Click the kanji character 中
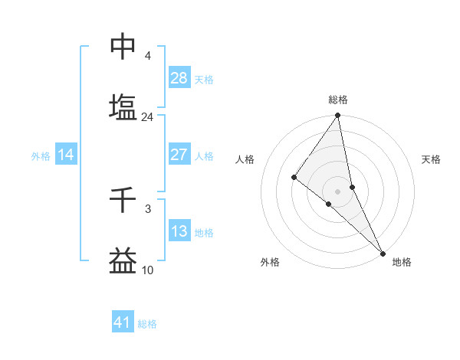click(123, 47)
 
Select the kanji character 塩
click(123, 107)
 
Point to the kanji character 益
click(123, 261)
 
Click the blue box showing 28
click(179, 78)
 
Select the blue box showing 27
click(179, 155)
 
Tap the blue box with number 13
click(179, 231)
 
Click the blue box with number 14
click(66, 155)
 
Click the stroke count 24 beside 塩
click(147, 117)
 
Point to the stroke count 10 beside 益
click(147, 270)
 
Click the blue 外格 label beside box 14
click(41, 155)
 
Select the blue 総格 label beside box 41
click(147, 323)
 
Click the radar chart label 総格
click(338, 100)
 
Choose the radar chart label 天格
click(432, 159)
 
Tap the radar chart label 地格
click(402, 262)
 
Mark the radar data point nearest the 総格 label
click(338, 116)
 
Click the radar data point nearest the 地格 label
click(383, 252)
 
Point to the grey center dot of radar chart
click(338, 191)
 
